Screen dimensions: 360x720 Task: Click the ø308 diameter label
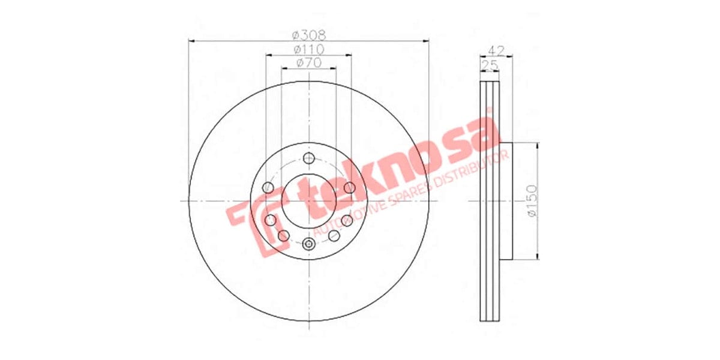click(309, 34)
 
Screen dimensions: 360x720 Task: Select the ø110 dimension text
click(309, 49)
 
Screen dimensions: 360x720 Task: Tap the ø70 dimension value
click(309, 62)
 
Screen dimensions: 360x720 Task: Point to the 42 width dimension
click(496, 50)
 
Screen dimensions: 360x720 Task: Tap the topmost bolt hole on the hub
click(309, 158)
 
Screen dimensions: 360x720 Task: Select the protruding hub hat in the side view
click(506, 201)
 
